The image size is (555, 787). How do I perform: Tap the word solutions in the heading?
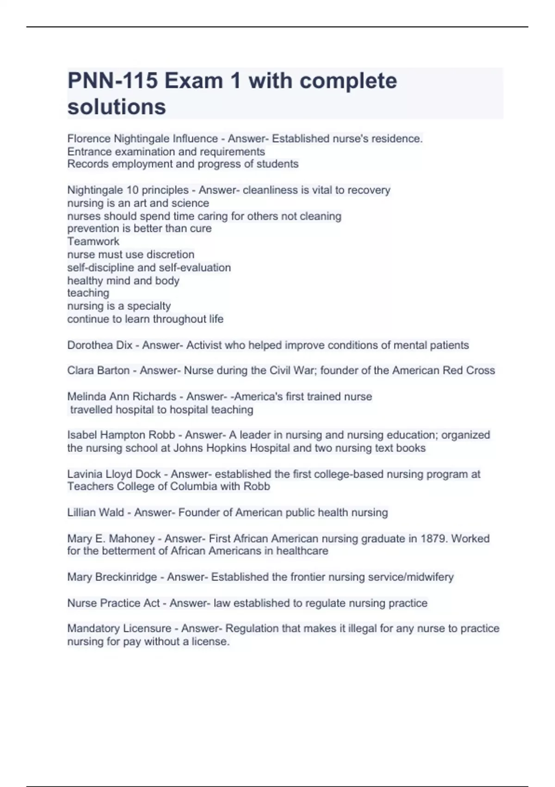tap(117, 107)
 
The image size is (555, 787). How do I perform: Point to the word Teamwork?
tap(93, 241)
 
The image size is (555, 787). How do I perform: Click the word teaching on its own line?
tap(88, 293)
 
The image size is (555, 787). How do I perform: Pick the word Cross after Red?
tap(481, 370)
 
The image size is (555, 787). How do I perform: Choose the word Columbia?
tap(193, 487)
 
